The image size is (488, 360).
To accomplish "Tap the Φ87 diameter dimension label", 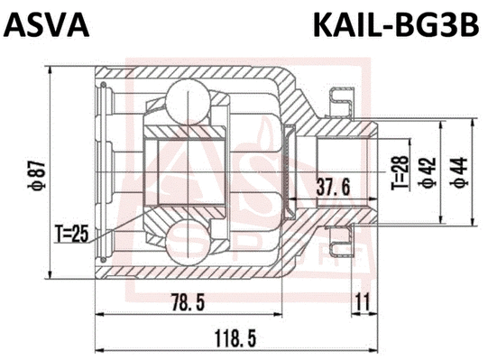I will click(33, 171).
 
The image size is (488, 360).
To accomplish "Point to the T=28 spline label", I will click(398, 172).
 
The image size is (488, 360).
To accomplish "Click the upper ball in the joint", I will click(187, 97).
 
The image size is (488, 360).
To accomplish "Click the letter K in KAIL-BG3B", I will click(320, 25).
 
